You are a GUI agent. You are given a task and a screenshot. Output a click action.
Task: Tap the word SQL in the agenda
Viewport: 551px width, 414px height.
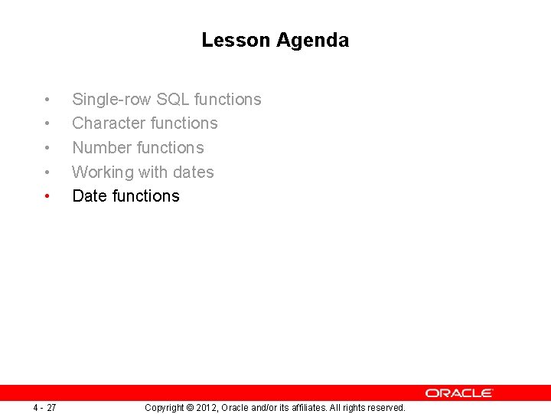click(173, 100)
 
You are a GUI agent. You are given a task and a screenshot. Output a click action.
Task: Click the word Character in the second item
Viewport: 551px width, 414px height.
click(109, 123)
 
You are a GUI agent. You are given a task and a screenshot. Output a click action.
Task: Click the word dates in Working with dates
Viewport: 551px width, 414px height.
click(194, 172)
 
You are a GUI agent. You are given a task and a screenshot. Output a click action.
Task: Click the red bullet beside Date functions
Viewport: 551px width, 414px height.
click(47, 197)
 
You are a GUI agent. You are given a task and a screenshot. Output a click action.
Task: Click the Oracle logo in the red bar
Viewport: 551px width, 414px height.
click(459, 393)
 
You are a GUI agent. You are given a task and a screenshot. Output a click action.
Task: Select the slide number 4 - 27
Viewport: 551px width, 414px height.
click(44, 407)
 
